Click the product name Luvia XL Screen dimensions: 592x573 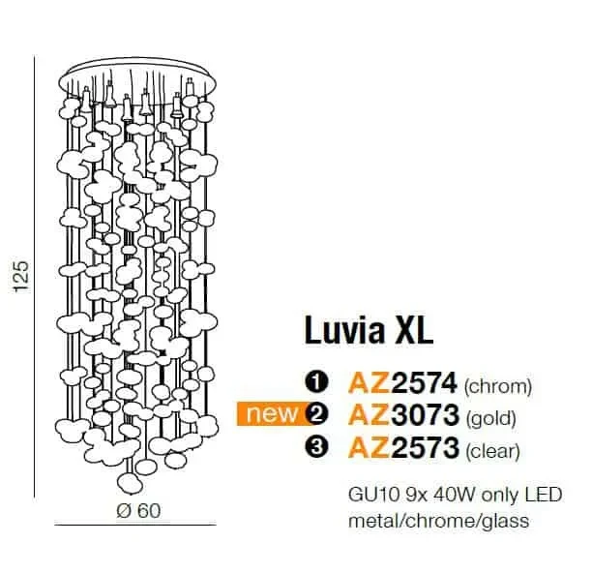click(x=369, y=331)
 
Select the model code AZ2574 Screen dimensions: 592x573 click(x=402, y=383)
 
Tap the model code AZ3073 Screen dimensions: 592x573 click(x=403, y=414)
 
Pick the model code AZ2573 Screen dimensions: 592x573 click(x=403, y=447)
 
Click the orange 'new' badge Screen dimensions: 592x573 click(x=273, y=414)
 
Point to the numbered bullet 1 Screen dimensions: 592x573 click(x=316, y=383)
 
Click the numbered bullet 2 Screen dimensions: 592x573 click(x=316, y=414)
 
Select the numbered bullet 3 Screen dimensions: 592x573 click(x=316, y=447)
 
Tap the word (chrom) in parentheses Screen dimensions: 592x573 click(x=497, y=386)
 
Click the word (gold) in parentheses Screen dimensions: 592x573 click(x=491, y=418)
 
